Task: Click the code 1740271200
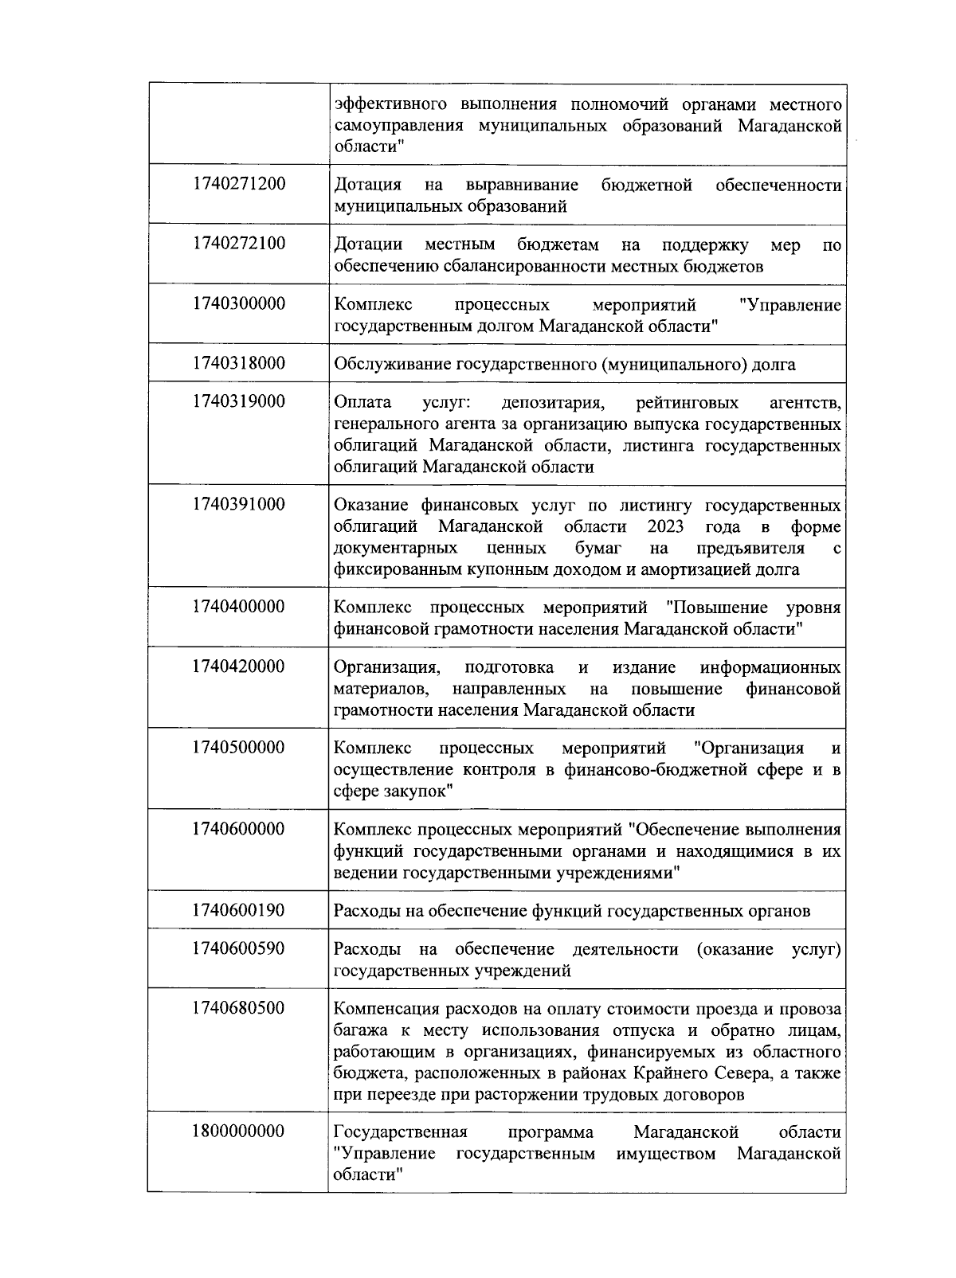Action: tap(238, 184)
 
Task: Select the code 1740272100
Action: tap(238, 244)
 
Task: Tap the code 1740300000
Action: tap(238, 304)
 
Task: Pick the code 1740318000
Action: tap(238, 363)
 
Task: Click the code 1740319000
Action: tap(238, 401)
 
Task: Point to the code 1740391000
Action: tap(238, 504)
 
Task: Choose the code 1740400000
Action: tap(238, 607)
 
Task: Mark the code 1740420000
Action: tap(238, 666)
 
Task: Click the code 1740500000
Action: tap(238, 748)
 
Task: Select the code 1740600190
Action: tap(238, 910)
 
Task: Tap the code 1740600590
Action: tap(238, 948)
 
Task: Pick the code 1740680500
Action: tap(238, 1008)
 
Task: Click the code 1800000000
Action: tap(238, 1131)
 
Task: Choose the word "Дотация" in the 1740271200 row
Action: tap(367, 186)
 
